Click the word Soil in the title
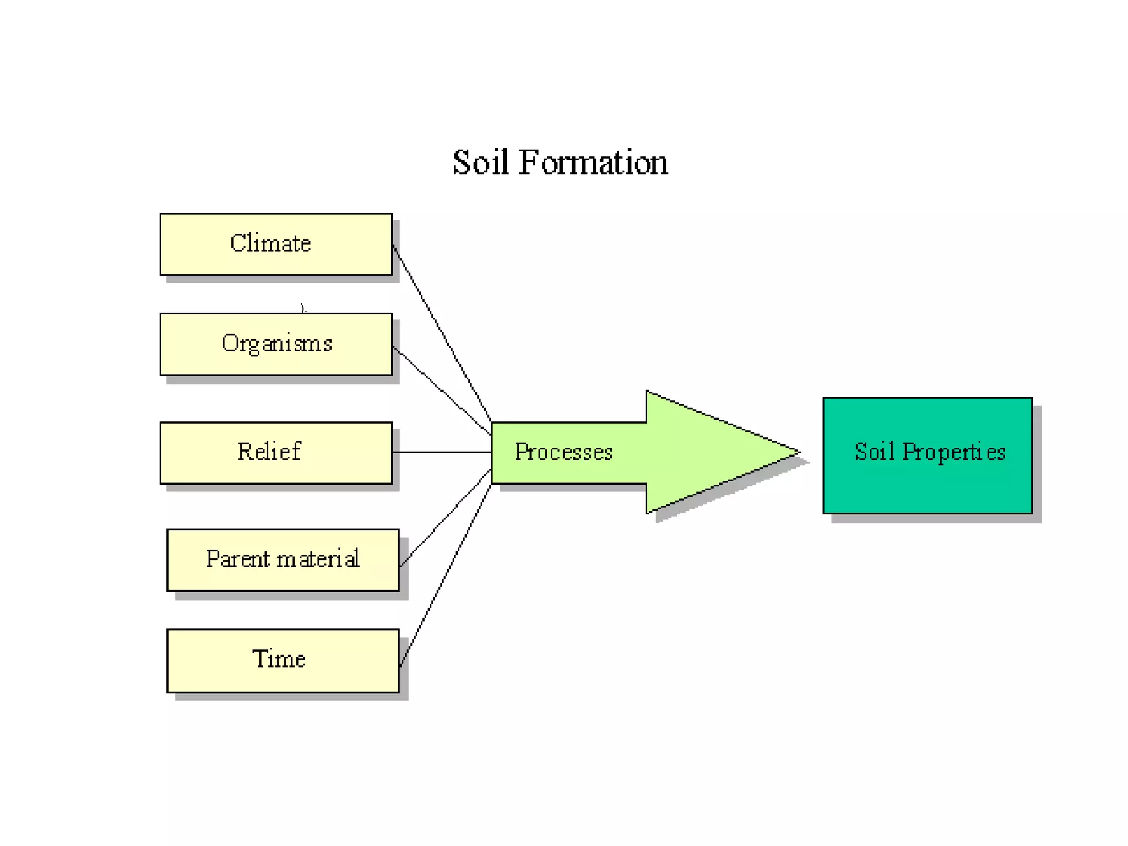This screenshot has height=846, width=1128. pyautogui.click(x=480, y=163)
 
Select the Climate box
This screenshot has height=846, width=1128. pyautogui.click(x=276, y=244)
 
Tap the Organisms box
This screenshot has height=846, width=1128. pyautogui.click(x=276, y=344)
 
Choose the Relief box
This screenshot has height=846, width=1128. pyautogui.click(x=276, y=453)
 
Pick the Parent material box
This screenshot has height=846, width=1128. pyautogui.click(x=283, y=560)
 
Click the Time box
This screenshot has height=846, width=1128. pyautogui.click(x=283, y=660)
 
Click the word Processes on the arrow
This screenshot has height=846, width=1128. pyautogui.click(x=563, y=452)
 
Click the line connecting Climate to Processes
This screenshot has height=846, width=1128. pyautogui.click(x=441, y=332)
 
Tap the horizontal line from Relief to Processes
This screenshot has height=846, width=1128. pyautogui.click(x=441, y=452)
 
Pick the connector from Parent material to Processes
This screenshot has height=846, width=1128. pyautogui.click(x=445, y=518)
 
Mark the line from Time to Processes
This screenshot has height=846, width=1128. pyautogui.click(x=445, y=576)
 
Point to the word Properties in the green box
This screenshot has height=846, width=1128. pyautogui.click(x=954, y=453)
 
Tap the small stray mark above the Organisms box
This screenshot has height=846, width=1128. pyautogui.click(x=303, y=308)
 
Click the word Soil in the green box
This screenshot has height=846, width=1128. pyautogui.click(x=874, y=452)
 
